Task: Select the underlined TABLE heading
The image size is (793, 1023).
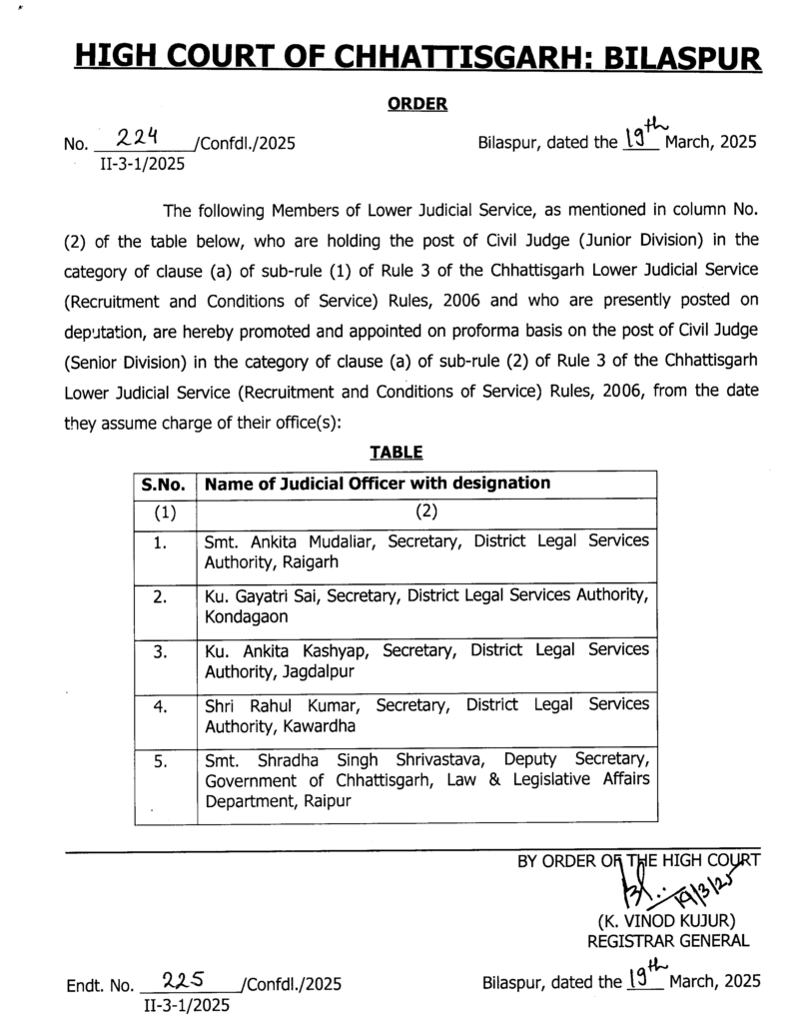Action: point(396,451)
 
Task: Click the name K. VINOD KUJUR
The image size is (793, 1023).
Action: point(666,919)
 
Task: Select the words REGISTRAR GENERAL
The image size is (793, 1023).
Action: point(667,940)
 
